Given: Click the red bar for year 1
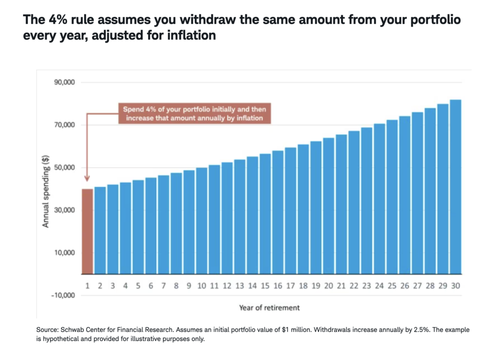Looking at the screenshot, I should (87, 231).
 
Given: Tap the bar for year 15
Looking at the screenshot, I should (265, 214).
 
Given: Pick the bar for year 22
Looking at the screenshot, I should (354, 202).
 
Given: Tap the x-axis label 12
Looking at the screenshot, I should (227, 286).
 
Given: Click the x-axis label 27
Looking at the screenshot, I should (417, 286).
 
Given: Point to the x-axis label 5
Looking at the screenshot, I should (138, 286).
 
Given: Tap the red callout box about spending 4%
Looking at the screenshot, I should (194, 113).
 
